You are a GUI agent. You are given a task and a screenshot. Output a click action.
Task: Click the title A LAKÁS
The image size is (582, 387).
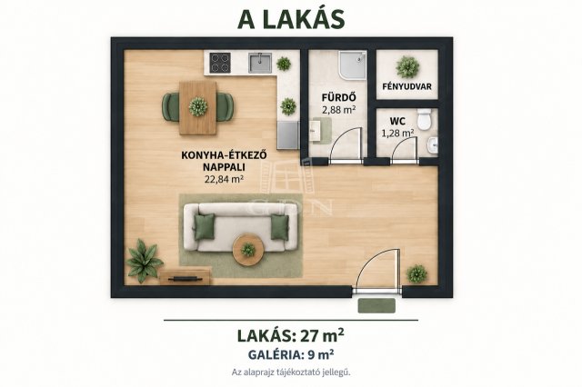point(291,19)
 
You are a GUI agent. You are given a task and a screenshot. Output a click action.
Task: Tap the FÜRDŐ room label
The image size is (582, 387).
point(339,98)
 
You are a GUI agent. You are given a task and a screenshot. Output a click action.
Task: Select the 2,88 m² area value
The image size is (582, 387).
point(339,109)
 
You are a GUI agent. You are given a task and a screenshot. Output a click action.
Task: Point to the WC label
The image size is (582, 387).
point(397,121)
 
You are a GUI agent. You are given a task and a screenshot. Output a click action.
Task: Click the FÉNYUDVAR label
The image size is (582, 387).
point(406,86)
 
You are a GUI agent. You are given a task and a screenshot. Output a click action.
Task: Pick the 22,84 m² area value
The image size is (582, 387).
point(224,179)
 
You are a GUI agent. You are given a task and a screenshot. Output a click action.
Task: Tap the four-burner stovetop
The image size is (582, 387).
point(220,63)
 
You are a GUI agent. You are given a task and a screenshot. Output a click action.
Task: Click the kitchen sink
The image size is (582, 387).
point(260,63)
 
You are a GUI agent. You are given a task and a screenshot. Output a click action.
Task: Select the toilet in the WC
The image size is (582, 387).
point(423,119)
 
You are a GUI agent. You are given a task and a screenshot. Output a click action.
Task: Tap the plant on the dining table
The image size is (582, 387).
point(197,107)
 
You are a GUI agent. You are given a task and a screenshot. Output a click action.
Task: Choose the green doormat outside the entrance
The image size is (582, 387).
point(376,306)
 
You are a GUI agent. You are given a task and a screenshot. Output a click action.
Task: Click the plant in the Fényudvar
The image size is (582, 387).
point(407,67)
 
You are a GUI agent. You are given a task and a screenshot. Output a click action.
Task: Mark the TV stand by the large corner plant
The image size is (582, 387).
point(186,278)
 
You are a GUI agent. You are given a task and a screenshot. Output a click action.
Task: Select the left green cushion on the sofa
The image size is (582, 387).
point(204,226)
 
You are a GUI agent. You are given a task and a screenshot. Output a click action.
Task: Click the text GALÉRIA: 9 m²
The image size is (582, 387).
point(291,355)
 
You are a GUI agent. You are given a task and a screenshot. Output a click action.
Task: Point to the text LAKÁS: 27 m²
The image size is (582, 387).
point(290,335)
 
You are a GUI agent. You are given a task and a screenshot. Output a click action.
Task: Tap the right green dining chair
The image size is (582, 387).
point(225,107)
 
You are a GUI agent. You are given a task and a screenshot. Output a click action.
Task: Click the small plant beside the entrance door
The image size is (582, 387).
point(416,274)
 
